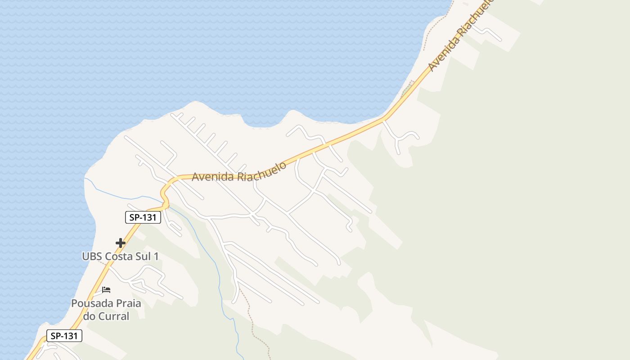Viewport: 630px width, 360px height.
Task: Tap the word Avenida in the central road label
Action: (213, 176)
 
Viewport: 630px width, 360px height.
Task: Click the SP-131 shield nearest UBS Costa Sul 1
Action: (143, 217)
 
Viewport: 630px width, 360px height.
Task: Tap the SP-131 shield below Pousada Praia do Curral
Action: (64, 336)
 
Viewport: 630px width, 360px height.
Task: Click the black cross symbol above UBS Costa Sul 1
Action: (120, 243)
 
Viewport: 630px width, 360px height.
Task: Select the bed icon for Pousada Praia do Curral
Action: (106, 289)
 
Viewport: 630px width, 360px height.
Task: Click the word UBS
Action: (92, 256)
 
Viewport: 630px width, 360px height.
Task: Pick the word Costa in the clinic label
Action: (118, 256)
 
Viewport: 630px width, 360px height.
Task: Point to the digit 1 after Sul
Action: (156, 256)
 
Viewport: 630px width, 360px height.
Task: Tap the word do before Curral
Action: (89, 316)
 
